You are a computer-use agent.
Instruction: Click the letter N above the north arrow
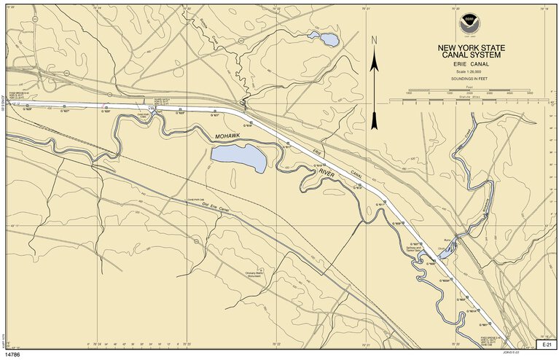374,41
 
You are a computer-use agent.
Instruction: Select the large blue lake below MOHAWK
238,156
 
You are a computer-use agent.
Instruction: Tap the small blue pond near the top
324,39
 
